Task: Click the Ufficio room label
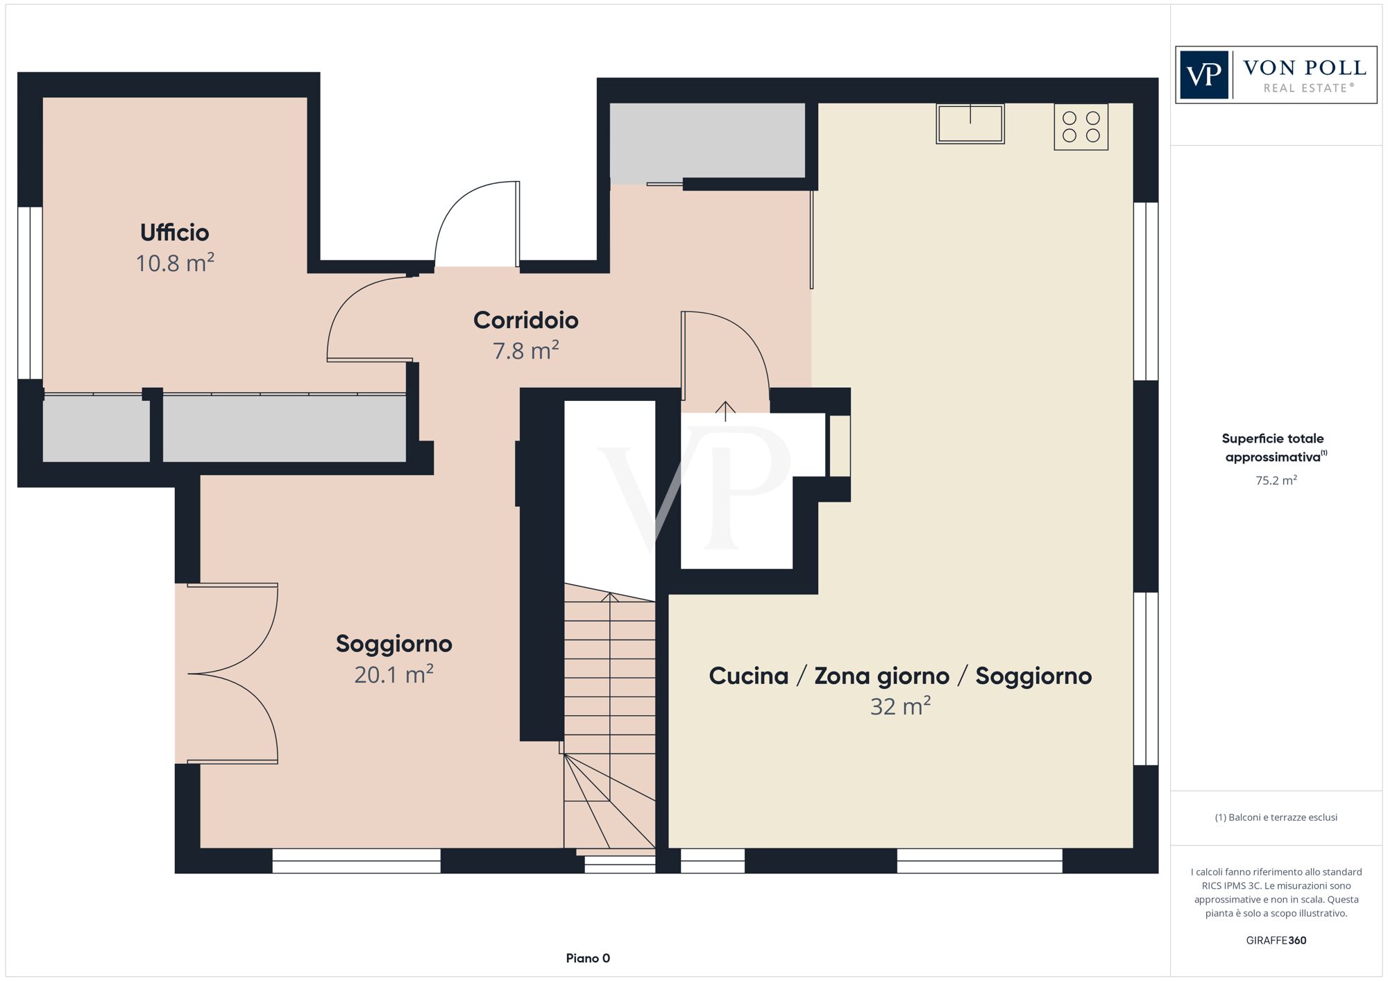click(x=174, y=232)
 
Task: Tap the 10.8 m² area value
click(x=174, y=264)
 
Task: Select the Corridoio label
click(x=525, y=320)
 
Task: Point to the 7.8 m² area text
click(x=525, y=351)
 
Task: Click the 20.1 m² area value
click(x=393, y=674)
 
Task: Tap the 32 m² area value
click(x=900, y=706)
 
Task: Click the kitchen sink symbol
click(x=970, y=123)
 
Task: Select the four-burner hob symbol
click(x=1081, y=127)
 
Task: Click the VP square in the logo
click(x=1204, y=75)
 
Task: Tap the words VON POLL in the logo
click(x=1304, y=68)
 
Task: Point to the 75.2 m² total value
click(x=1276, y=480)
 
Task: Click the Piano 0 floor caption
click(x=587, y=958)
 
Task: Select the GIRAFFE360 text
click(x=1276, y=941)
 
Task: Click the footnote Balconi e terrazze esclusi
click(x=1276, y=817)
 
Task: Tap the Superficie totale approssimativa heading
click(x=1273, y=447)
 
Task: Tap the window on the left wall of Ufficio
click(x=30, y=293)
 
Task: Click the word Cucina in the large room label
click(x=748, y=676)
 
